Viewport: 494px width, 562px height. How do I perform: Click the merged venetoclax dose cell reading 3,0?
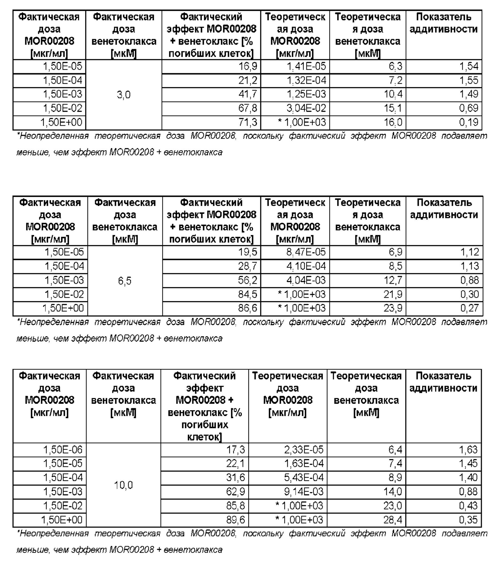[x=124, y=95]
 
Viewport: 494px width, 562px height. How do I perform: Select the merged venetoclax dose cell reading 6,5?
[x=125, y=281]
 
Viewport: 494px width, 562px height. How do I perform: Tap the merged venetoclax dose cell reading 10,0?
[x=123, y=485]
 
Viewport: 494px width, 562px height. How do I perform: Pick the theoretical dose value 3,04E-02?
[x=306, y=108]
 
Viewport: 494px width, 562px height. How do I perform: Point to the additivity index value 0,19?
[x=469, y=122]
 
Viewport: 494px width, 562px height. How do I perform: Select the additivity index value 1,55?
[x=469, y=81]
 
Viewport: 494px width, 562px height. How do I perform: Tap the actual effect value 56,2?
[x=248, y=280]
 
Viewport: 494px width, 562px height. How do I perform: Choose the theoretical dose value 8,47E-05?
[x=306, y=252]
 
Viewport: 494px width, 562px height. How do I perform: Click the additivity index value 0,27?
[x=469, y=308]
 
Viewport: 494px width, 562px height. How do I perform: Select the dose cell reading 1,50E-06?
[x=62, y=450]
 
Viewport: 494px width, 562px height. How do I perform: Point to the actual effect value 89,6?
[x=235, y=520]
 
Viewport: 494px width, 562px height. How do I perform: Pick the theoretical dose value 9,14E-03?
[x=304, y=492]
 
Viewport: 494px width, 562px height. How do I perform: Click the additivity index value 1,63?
[x=469, y=450]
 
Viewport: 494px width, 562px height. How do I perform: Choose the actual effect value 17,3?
[x=235, y=450]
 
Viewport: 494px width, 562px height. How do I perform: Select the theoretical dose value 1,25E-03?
[x=306, y=94]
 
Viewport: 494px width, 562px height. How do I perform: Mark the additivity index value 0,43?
[x=469, y=506]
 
